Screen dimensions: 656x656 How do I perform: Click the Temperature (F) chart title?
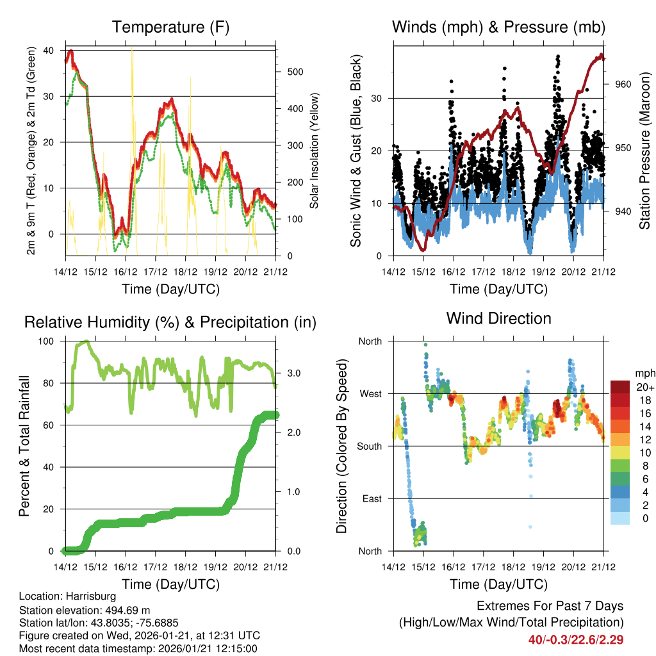pyautogui.click(x=170, y=27)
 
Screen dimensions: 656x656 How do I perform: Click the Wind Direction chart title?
pyautogui.click(x=498, y=318)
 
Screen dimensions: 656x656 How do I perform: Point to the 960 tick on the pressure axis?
pyautogui.click(x=616, y=84)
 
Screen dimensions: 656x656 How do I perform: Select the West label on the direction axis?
pyautogui.click(x=370, y=393)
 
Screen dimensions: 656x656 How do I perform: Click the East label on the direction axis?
pyautogui.click(x=370, y=498)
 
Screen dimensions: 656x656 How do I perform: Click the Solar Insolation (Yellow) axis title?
pyautogui.click(x=314, y=151)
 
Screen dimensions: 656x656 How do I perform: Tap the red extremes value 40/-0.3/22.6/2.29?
pyautogui.click(x=576, y=639)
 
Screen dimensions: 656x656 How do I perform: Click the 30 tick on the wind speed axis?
pyautogui.click(x=378, y=98)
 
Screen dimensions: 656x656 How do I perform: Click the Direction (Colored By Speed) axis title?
pyautogui.click(x=341, y=446)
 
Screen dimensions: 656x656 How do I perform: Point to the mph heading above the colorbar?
pyautogui.click(x=643, y=373)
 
